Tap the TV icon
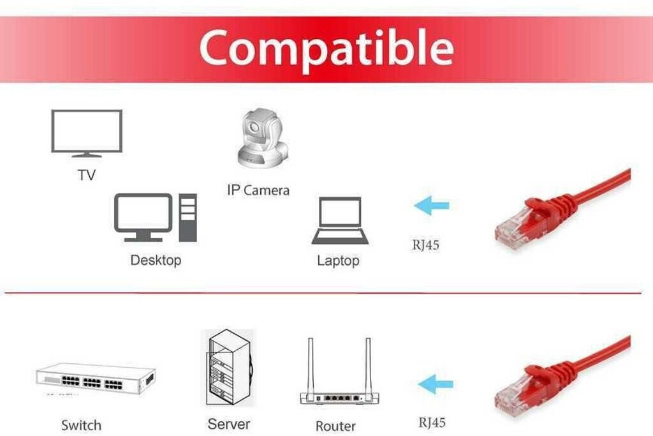click(x=87, y=133)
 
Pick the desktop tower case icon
click(x=187, y=218)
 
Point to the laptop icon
click(x=340, y=221)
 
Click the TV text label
click(x=87, y=175)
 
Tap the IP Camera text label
click(x=258, y=190)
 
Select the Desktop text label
click(x=156, y=260)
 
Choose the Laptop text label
click(x=338, y=260)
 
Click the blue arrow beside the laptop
click(x=432, y=206)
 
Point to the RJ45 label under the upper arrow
click(x=425, y=244)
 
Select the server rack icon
click(x=228, y=368)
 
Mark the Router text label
click(x=335, y=426)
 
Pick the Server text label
click(x=229, y=424)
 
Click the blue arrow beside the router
click(x=436, y=384)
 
